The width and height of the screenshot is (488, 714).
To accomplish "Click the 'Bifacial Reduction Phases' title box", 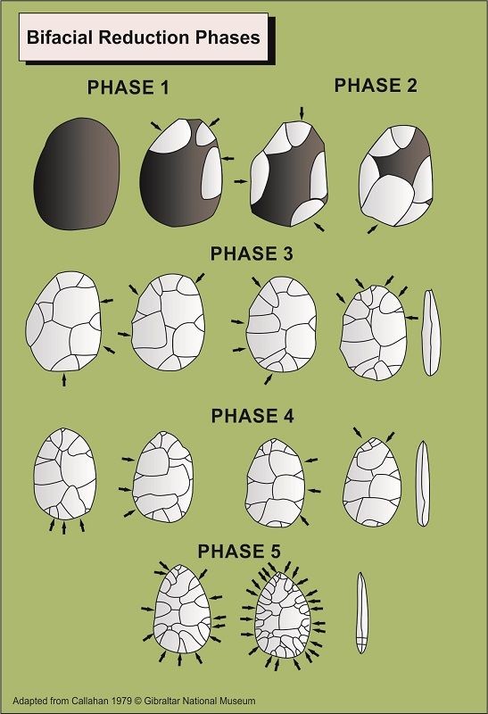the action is coord(144,37).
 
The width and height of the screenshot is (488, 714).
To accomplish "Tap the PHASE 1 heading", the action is coord(128,87).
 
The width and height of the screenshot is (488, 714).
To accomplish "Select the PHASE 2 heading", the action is coord(376,86).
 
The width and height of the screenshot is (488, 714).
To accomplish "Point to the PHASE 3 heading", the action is coord(252,253).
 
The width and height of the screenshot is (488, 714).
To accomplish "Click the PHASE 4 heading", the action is coord(252,416).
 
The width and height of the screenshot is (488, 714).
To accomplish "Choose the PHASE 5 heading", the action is coord(239,552).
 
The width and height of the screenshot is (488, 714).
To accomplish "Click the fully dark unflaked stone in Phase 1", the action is coord(77,174).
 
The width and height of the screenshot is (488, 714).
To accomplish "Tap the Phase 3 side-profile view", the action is coord(430,332).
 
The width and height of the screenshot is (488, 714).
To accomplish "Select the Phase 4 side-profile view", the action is coord(423,483).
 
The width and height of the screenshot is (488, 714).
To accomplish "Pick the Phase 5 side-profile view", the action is coord(361,612).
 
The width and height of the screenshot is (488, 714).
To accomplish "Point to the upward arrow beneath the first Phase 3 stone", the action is coord(63,379).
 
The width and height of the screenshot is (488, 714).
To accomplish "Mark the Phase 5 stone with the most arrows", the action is coord(282,615).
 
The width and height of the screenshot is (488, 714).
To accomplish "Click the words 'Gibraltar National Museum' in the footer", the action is coord(200,701).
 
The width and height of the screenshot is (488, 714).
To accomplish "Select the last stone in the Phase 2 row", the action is coord(395,176).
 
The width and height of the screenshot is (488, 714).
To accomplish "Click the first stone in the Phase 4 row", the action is coord(65,474).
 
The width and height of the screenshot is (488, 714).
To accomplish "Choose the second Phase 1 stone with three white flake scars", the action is coord(181,172).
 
